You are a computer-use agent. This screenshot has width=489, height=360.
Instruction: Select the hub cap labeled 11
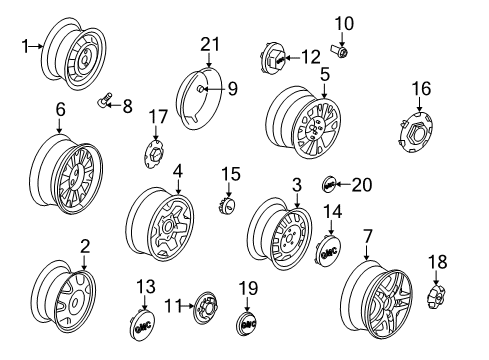(x=205, y=304)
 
